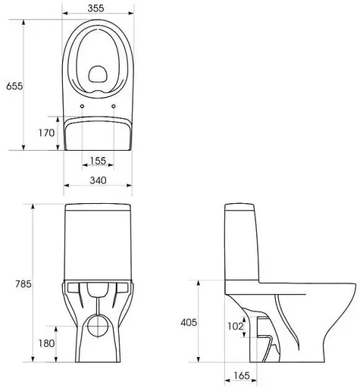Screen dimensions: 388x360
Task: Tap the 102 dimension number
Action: [x=235, y=327]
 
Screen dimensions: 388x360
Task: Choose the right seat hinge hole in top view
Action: [x=114, y=105]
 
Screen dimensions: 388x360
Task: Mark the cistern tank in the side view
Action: [x=243, y=242]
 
